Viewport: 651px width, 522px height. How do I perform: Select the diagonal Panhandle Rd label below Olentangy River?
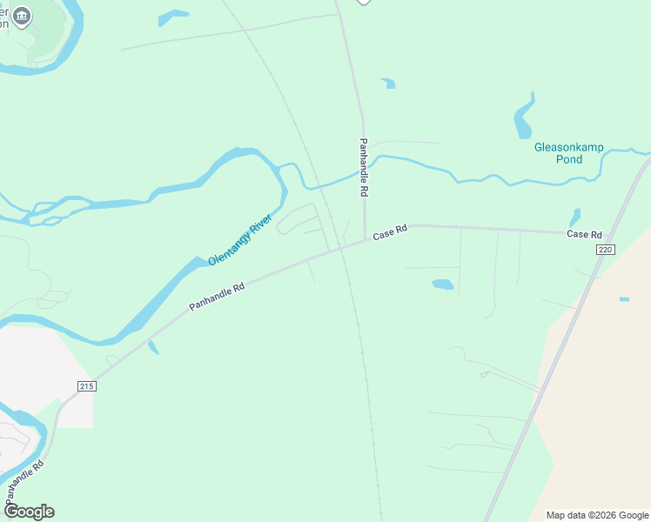[x=217, y=296]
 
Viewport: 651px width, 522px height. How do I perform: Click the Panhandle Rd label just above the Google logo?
[x=25, y=482]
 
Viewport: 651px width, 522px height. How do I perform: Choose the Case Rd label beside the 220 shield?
[x=584, y=235]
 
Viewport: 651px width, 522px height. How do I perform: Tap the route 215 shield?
[x=85, y=386]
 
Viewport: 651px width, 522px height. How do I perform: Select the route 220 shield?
[x=606, y=250]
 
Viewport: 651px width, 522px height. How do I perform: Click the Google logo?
[x=29, y=512]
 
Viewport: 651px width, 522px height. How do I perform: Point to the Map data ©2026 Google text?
[x=597, y=515]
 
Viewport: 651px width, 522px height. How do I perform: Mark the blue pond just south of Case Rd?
[x=442, y=284]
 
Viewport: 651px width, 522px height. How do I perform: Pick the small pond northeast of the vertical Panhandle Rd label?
[x=388, y=84]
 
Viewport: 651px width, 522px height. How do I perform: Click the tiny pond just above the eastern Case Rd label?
[x=574, y=217]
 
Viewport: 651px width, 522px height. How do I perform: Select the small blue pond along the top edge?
[x=173, y=17]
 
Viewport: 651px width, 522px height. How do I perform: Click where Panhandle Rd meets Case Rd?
[x=365, y=241]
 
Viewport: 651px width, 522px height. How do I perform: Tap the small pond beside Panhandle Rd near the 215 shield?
[x=153, y=347]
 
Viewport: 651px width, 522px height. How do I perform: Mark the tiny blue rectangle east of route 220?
[x=624, y=299]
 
